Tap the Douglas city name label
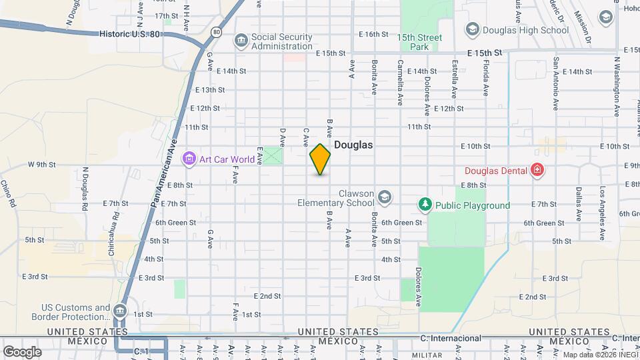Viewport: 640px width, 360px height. [353, 145]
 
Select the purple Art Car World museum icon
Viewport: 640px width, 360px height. [189, 159]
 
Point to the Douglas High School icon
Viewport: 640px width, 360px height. [472, 29]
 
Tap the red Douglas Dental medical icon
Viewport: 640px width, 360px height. [537, 170]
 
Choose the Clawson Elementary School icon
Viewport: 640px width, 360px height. [384, 197]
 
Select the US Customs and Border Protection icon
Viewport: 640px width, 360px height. [119, 311]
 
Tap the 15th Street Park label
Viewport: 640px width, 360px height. [420, 43]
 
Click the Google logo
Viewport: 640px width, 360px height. [22, 351]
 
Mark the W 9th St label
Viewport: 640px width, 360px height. [41, 164]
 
